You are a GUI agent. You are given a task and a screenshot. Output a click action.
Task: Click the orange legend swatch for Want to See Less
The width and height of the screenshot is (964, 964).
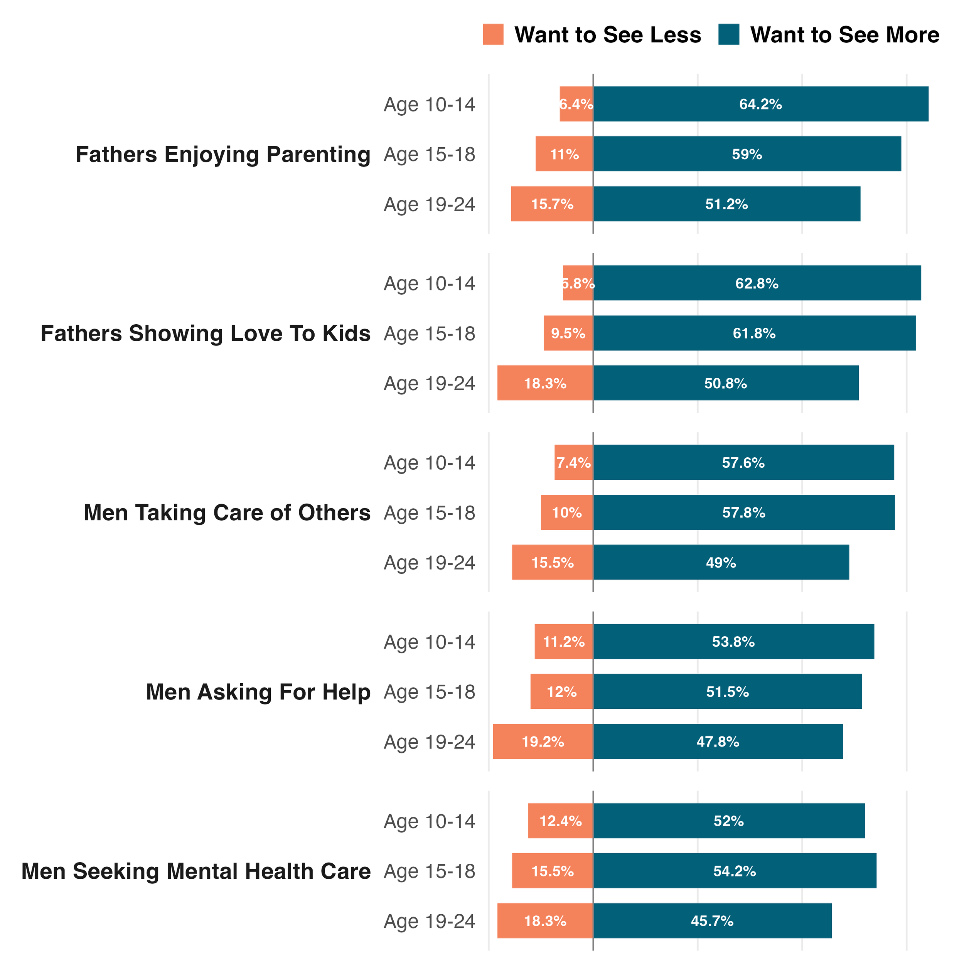click(493, 34)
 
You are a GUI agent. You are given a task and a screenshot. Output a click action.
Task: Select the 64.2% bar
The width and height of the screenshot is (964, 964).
click(760, 104)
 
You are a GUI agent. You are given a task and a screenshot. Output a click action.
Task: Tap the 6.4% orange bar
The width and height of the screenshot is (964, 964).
click(576, 104)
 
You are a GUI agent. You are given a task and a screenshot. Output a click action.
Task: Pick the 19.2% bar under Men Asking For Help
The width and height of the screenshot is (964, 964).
click(543, 742)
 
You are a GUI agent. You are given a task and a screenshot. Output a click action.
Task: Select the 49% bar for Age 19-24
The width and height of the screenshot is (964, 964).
click(721, 562)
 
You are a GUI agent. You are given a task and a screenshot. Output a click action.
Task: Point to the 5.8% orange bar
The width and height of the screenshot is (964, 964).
click(578, 283)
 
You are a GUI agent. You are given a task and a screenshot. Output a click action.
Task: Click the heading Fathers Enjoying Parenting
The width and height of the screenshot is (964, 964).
click(222, 154)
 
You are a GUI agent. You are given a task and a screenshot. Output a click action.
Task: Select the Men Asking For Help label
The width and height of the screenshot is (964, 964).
click(258, 692)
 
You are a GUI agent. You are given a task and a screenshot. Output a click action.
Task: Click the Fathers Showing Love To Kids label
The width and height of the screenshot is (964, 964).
click(205, 333)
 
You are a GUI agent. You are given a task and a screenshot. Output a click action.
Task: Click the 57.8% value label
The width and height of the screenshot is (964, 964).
click(743, 512)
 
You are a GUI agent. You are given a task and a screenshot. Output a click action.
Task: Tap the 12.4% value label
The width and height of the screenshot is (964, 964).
click(560, 821)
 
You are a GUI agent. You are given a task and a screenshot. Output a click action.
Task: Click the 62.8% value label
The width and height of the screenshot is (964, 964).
click(757, 283)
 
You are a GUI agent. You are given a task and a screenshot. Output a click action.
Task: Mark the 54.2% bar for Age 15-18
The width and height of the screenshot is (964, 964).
click(735, 871)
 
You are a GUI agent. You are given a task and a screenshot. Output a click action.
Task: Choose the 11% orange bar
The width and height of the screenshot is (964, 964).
click(565, 154)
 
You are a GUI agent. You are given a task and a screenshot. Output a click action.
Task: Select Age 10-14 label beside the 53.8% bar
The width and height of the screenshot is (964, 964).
click(429, 642)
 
